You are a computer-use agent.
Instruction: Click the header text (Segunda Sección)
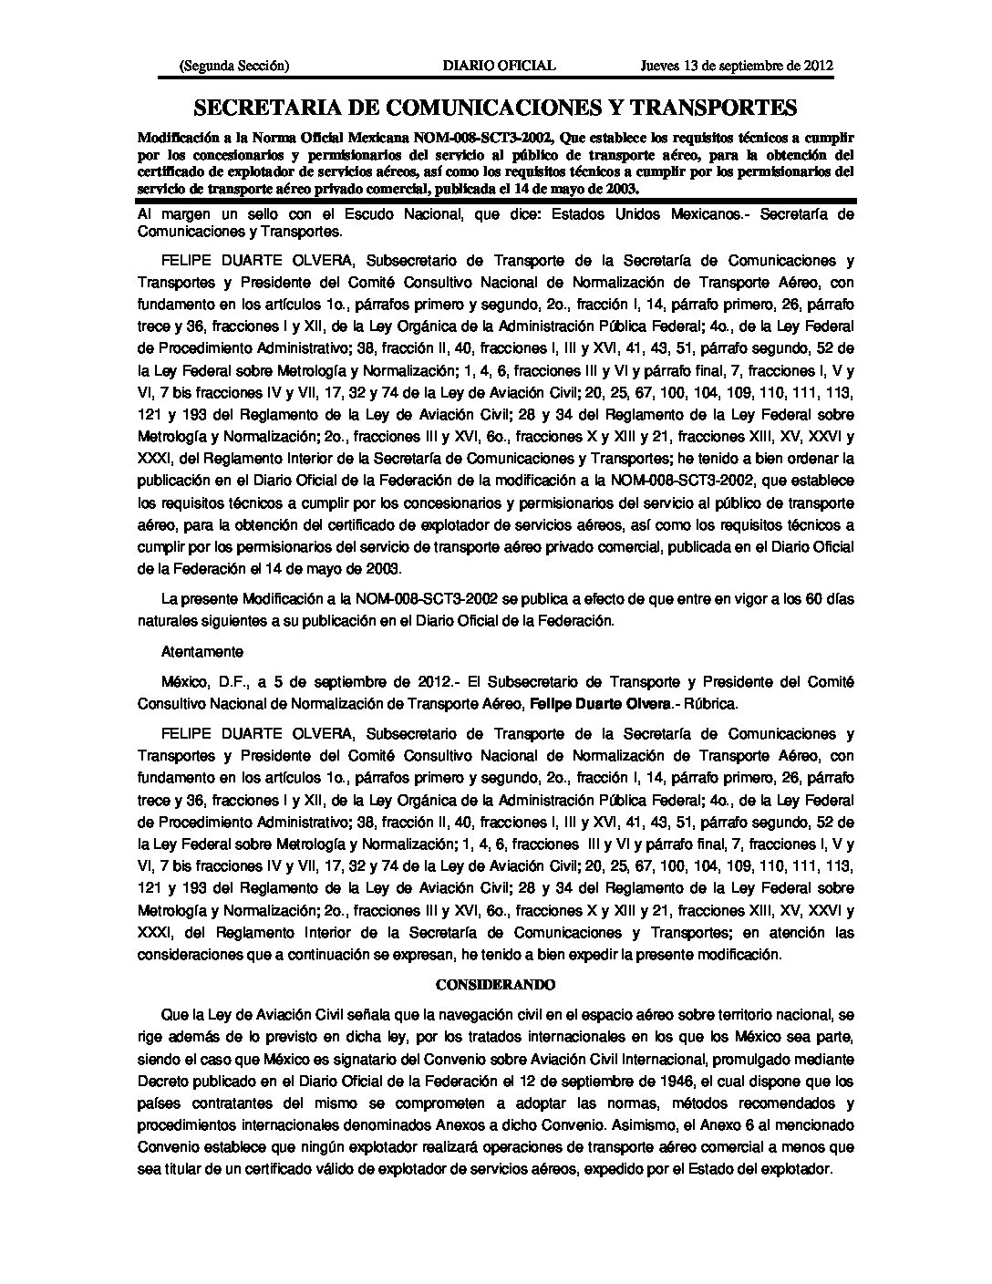(x=235, y=65)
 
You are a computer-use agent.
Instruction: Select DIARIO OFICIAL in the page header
(x=498, y=65)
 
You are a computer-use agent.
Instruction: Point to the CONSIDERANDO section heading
(x=495, y=985)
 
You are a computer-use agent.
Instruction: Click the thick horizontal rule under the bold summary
(x=495, y=200)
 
